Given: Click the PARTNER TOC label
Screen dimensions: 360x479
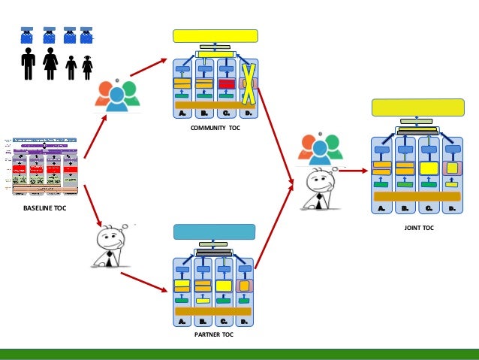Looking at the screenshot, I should (214, 334).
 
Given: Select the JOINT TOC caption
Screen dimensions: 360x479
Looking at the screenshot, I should (418, 227).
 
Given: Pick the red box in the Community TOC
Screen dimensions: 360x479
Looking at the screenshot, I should (226, 83).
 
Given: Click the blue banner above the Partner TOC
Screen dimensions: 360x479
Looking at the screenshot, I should (214, 231).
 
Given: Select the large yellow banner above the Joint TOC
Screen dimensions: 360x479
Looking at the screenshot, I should (418, 107).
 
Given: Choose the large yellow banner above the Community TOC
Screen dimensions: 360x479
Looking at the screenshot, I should (215, 36).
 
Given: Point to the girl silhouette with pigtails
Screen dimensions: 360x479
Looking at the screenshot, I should (87, 68).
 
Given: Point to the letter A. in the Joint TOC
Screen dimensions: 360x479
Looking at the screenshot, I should (381, 209).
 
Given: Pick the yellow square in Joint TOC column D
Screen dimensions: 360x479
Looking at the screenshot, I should (451, 168).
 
